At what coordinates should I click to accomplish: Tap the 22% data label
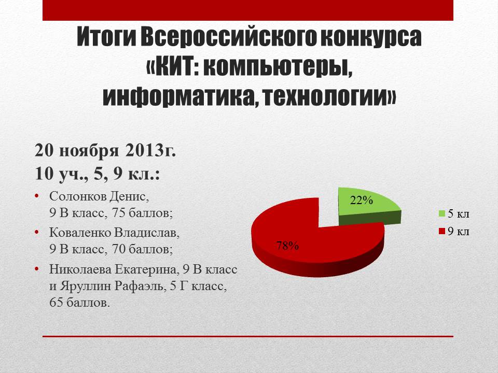point(362,200)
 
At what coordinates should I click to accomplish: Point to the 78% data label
point(287,245)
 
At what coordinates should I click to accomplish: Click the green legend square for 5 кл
point(442,213)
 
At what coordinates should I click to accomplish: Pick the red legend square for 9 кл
point(442,231)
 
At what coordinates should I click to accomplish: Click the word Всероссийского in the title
point(228,37)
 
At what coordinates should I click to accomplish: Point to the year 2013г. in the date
point(150,150)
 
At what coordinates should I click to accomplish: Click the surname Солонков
point(78,196)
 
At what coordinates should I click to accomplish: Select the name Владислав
point(147,233)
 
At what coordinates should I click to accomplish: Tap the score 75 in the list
point(119,213)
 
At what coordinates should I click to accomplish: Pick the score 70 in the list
point(119,250)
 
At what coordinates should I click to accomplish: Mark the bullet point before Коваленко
point(37,233)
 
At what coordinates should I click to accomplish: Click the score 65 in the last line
point(56,303)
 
